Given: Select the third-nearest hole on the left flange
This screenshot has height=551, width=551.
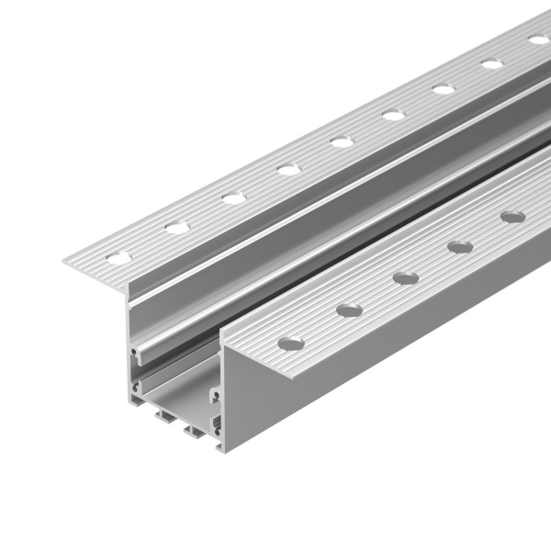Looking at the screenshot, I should [x=233, y=197].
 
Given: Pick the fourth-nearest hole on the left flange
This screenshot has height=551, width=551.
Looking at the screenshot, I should [x=288, y=170].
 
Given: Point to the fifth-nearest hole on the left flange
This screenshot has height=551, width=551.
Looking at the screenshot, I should [x=342, y=142].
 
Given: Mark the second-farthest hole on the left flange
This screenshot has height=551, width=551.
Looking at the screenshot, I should [x=492, y=64].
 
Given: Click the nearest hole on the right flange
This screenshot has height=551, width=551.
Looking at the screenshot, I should [x=291, y=343].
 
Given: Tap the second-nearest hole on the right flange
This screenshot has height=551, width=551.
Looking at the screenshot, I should [x=349, y=310].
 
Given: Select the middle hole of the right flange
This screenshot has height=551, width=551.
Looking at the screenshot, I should [x=405, y=277].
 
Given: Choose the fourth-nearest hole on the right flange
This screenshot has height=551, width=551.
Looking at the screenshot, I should [x=460, y=246].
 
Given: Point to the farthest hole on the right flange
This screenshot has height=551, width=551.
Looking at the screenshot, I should [x=513, y=217].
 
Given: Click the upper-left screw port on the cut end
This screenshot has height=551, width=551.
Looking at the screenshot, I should [x=136, y=351].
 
